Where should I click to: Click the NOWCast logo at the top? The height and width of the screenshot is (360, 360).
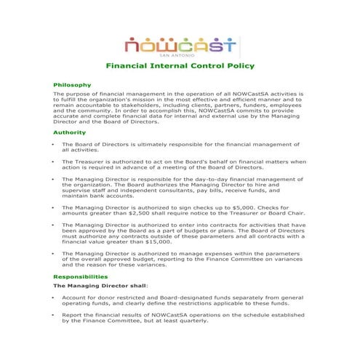(x=180, y=45)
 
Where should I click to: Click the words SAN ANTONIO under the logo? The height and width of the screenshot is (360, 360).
(x=180, y=57)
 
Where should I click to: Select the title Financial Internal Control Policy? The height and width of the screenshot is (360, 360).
(x=180, y=67)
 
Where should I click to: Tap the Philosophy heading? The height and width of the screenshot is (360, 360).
(x=72, y=85)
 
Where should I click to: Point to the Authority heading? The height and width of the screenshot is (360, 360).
(x=70, y=132)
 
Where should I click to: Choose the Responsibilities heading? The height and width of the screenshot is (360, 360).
(x=81, y=277)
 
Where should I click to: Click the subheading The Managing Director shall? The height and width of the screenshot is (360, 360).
(x=101, y=287)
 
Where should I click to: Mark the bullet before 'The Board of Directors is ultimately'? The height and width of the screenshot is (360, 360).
(x=55, y=145)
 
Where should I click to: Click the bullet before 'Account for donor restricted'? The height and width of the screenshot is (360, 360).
(x=55, y=297)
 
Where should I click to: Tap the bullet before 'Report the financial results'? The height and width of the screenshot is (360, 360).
(x=55, y=314)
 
